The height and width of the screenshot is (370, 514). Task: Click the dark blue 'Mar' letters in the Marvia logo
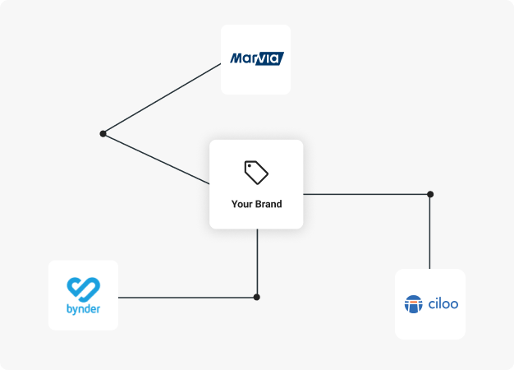[241, 59]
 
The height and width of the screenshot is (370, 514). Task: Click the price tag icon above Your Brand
[256, 172]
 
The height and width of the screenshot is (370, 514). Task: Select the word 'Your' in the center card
[242, 204]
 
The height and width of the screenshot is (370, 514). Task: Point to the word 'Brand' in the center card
[268, 204]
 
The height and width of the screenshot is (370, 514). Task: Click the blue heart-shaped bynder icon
[83, 289]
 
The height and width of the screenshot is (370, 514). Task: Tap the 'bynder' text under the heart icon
[83, 311]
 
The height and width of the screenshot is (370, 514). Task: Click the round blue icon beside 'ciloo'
[413, 304]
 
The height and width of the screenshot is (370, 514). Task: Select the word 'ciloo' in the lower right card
[443, 304]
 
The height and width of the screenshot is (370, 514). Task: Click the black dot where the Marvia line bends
[103, 133]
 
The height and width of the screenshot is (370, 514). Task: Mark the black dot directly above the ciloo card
[429, 194]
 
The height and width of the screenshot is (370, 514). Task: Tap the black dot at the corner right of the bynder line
[257, 297]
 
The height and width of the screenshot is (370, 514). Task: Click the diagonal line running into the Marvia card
[162, 98]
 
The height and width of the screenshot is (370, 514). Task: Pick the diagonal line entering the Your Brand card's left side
[156, 159]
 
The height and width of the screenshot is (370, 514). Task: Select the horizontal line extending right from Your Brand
[365, 194]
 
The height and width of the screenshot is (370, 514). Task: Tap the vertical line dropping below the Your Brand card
[257, 261]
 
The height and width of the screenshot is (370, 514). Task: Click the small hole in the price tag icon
[251, 167]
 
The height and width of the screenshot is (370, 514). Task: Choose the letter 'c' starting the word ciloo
[430, 305]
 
